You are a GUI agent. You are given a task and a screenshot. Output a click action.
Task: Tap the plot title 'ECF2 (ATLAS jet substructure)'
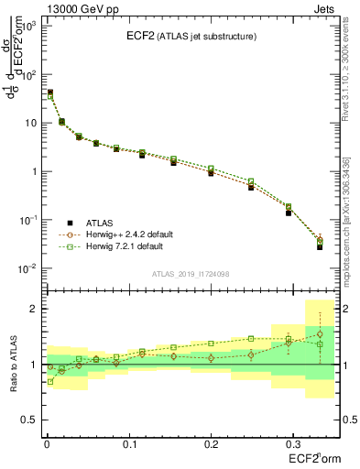tap(187, 37)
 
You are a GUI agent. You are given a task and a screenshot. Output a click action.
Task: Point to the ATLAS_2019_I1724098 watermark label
tap(190, 274)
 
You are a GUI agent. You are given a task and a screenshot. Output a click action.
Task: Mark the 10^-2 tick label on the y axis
tap(25, 268)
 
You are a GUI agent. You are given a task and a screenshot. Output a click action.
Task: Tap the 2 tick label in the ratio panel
tap(31, 309)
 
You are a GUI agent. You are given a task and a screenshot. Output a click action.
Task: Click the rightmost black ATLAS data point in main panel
tap(320, 247)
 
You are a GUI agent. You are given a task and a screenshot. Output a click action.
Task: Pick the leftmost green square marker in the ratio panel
tap(49, 381)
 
